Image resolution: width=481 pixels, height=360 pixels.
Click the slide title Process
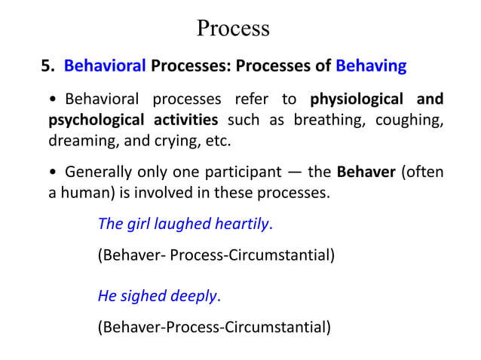tap(232, 28)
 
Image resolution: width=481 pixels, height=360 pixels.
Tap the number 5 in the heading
tap(45, 66)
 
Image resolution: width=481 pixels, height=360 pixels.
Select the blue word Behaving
tap(371, 66)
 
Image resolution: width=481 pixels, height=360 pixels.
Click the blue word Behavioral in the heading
tap(105, 66)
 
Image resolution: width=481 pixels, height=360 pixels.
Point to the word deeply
tap(193, 295)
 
